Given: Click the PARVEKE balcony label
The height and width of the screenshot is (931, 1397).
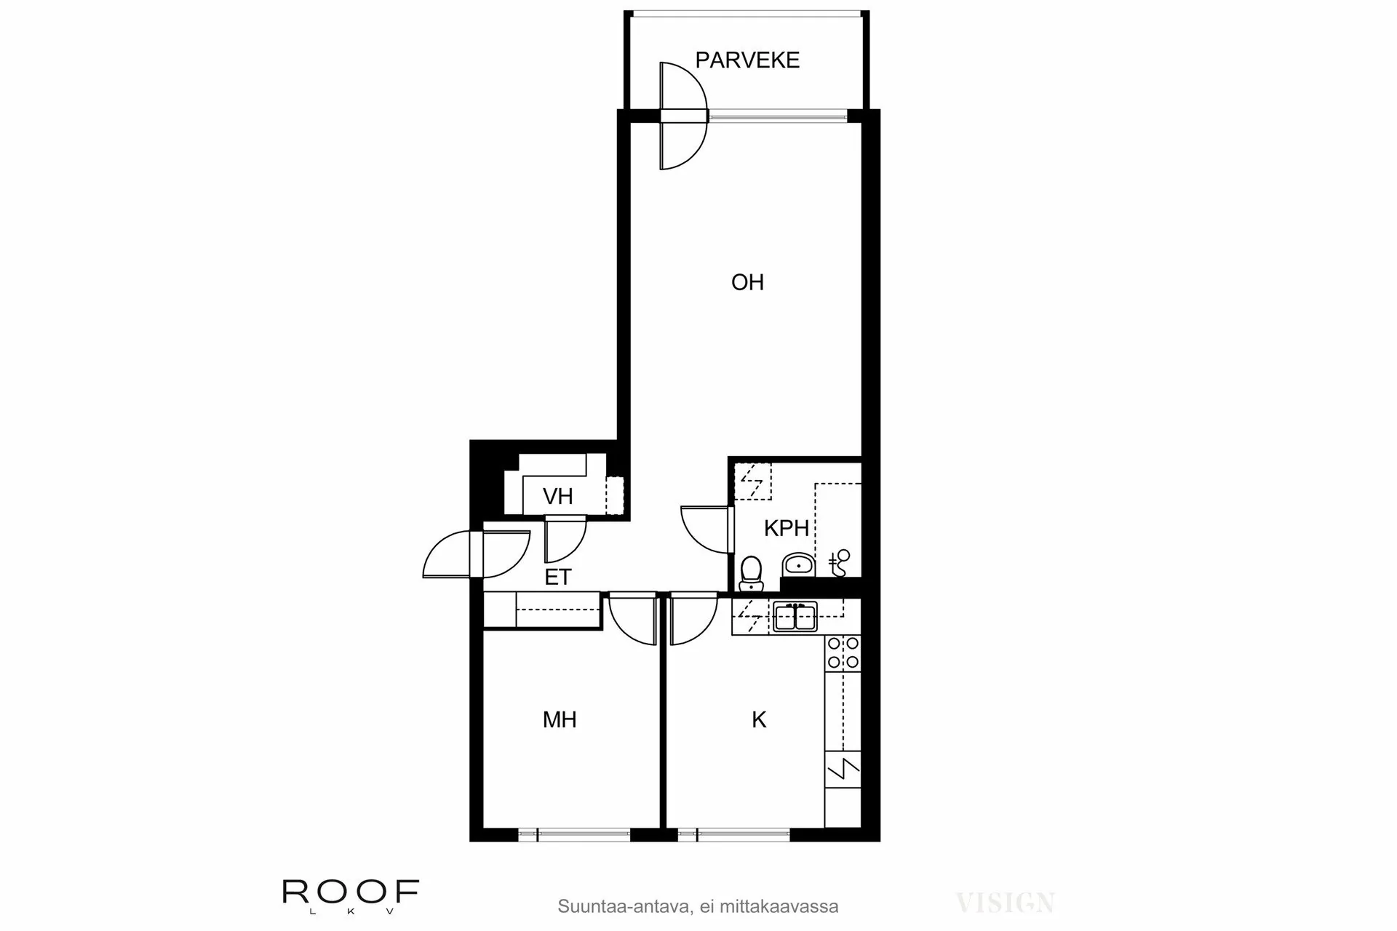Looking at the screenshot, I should pyautogui.click(x=747, y=60).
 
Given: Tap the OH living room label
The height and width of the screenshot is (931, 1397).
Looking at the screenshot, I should pyautogui.click(x=747, y=282).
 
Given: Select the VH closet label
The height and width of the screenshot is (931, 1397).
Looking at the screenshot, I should pyautogui.click(x=558, y=497).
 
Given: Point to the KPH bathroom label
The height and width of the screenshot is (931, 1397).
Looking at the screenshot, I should pyautogui.click(x=786, y=528).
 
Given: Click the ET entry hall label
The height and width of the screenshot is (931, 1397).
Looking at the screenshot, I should pyautogui.click(x=558, y=578).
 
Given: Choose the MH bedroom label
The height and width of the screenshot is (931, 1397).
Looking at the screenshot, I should pyautogui.click(x=560, y=720).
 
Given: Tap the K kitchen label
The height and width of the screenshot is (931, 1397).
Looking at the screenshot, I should pyautogui.click(x=759, y=720).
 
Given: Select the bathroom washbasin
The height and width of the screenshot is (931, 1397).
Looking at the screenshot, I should pyautogui.click(x=799, y=564).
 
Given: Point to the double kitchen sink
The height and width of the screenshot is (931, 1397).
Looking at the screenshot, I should pyautogui.click(x=795, y=618).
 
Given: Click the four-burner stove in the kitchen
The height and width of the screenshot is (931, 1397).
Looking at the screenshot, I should pyautogui.click(x=843, y=652).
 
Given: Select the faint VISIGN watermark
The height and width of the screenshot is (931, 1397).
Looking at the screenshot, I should pyautogui.click(x=1005, y=903).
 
